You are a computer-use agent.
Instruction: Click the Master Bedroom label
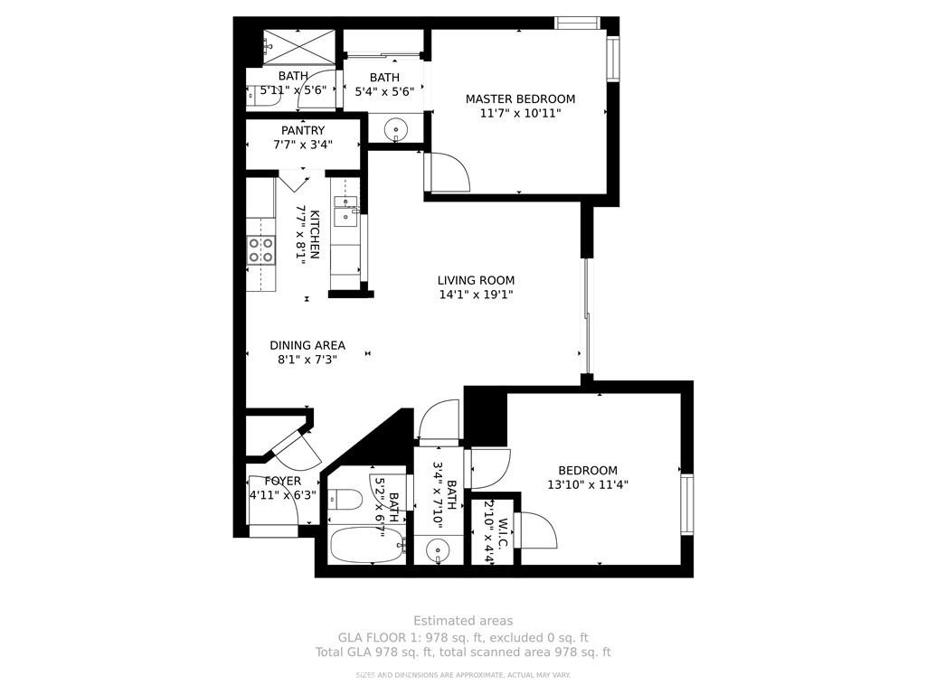click(x=520, y=99)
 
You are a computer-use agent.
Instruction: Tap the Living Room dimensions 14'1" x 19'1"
click(x=476, y=295)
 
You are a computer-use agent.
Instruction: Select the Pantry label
click(x=303, y=130)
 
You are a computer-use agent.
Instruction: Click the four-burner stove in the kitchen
click(x=261, y=249)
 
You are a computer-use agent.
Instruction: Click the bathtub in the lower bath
click(x=366, y=545)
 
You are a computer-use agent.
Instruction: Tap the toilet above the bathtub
click(x=345, y=499)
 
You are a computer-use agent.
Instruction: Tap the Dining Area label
click(x=307, y=345)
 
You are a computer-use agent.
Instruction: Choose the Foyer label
click(x=283, y=481)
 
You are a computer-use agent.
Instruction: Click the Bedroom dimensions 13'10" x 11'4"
click(x=588, y=485)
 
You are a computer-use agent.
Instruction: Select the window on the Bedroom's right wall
click(x=687, y=504)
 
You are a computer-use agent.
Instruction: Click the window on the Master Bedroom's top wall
click(x=578, y=23)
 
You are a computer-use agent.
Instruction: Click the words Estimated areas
click(x=463, y=621)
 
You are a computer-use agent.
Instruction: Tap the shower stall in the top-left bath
click(x=298, y=46)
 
